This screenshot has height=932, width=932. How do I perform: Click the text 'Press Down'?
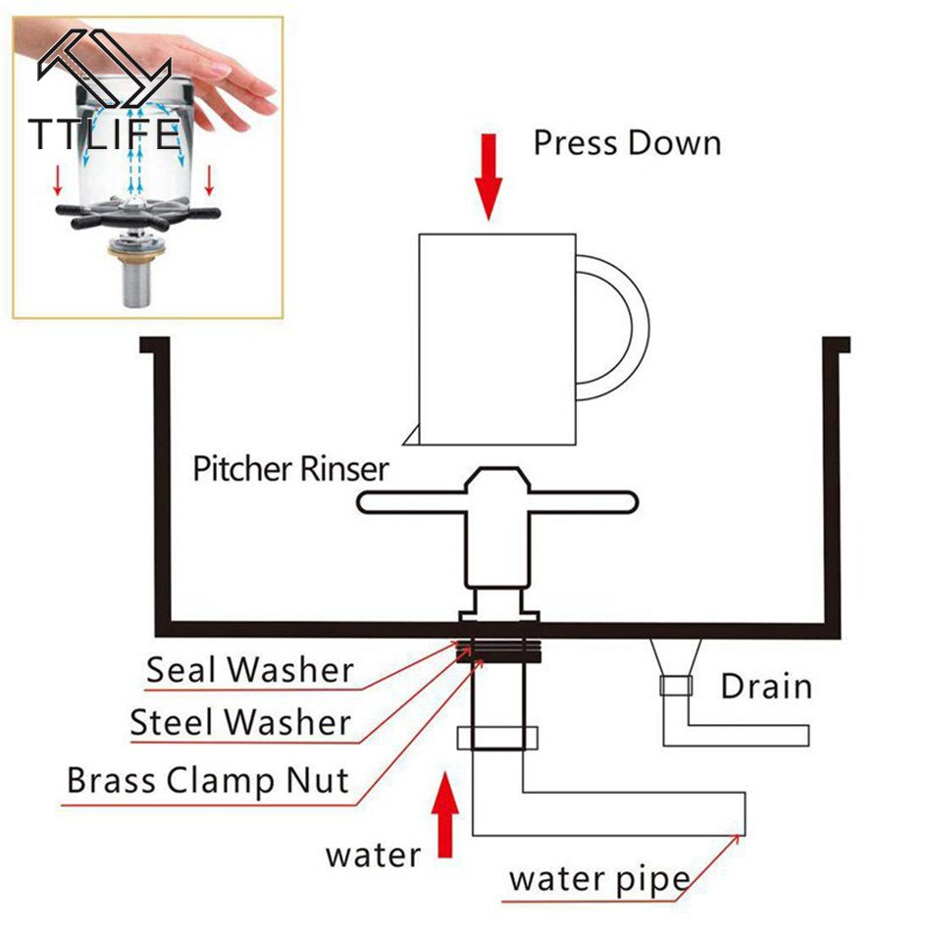point(627,143)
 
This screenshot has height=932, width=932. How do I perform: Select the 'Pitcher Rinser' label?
point(290,469)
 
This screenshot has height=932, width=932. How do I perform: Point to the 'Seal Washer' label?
point(249,671)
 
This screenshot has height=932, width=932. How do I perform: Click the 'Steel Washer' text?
point(240,723)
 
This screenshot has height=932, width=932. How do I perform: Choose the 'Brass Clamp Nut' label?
point(208,781)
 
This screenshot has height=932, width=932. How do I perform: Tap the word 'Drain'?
point(766,686)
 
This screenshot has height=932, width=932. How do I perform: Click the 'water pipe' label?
point(598,879)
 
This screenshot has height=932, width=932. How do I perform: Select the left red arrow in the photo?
point(57,180)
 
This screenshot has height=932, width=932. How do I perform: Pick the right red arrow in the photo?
point(209,180)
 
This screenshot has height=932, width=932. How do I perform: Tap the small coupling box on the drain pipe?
point(675,686)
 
